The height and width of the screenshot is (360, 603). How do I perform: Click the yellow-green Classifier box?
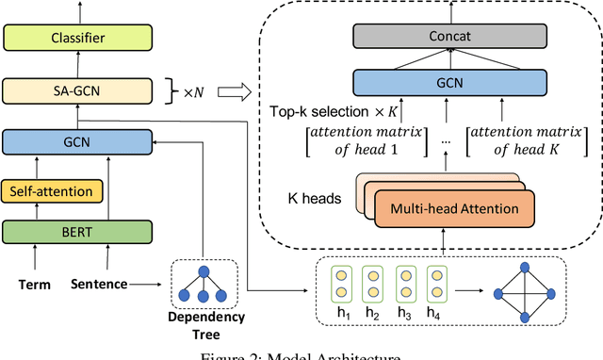77,39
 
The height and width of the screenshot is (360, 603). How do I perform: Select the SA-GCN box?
77,90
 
